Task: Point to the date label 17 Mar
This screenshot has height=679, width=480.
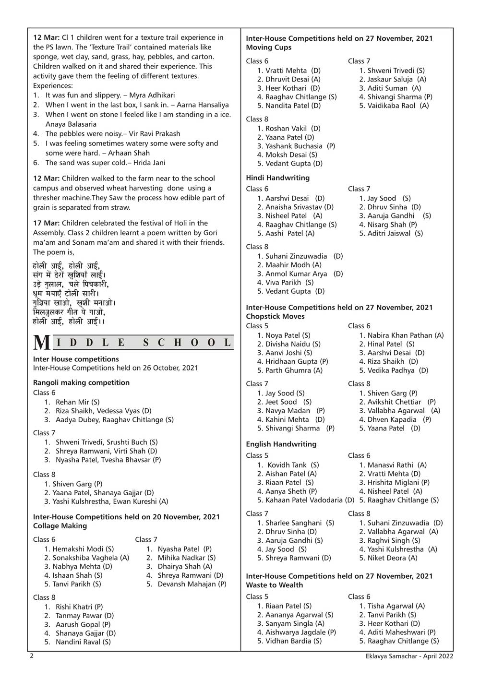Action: (46, 223)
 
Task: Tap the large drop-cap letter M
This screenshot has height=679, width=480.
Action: (42, 343)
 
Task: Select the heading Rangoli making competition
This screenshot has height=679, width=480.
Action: (81, 382)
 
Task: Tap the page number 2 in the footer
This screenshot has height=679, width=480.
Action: (32, 656)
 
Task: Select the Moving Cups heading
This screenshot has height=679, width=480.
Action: (268, 48)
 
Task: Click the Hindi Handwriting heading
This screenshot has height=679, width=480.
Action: (277, 178)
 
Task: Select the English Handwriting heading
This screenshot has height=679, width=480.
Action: (281, 444)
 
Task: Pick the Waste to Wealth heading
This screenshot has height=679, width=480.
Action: (274, 585)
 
